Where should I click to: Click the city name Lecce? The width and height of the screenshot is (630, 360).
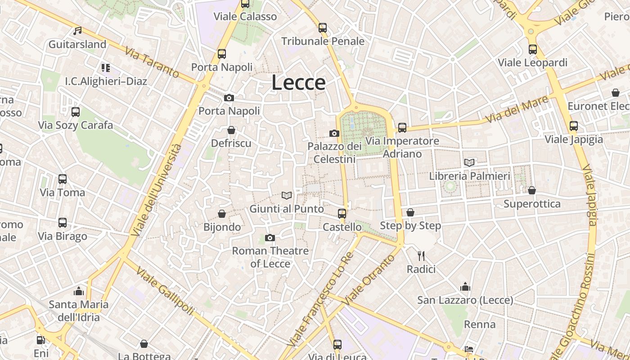298,83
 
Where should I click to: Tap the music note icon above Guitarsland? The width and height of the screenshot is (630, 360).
77,31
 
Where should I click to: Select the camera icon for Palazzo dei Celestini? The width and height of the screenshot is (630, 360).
334,133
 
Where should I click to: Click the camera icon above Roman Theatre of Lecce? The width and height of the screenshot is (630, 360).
270,238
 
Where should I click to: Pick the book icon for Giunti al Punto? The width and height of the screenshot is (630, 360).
287,195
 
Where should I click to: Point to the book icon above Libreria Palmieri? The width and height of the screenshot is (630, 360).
469,162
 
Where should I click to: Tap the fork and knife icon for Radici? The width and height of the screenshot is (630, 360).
421,256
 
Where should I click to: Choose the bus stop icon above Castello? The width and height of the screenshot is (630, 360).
342,213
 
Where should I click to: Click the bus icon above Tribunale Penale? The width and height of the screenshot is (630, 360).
323,27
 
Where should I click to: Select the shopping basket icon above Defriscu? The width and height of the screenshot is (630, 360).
231,130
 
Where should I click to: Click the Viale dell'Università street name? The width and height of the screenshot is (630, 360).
157,190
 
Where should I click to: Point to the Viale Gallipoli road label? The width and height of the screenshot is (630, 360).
165,291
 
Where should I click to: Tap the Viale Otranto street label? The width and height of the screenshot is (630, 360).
369,280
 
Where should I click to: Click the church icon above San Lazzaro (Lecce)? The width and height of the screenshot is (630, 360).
465,287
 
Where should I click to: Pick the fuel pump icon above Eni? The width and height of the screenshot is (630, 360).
41,340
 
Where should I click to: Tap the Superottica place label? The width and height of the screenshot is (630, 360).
532,204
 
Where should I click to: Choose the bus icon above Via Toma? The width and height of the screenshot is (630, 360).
63,179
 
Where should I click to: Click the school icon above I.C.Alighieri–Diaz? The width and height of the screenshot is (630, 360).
106,68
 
